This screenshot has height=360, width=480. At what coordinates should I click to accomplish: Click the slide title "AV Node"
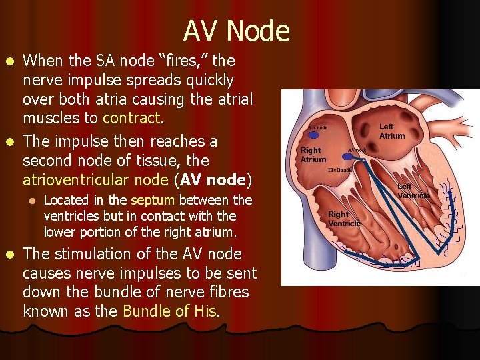pos(237,31)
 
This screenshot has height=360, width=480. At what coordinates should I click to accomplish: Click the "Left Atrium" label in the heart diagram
pos(392,131)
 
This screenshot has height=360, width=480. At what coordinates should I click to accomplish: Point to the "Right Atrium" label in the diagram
pos(313,155)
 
